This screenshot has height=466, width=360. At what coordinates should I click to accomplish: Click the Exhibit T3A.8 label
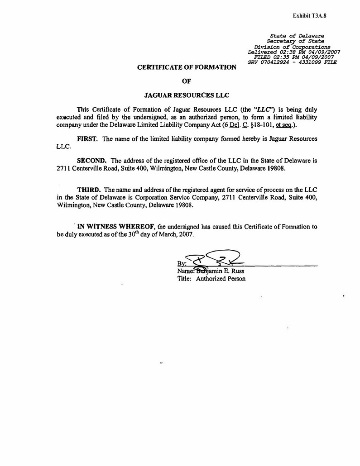[309, 15]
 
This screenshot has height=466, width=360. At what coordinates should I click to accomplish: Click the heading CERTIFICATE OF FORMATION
[187, 67]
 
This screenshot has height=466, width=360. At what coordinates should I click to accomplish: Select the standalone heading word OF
[187, 81]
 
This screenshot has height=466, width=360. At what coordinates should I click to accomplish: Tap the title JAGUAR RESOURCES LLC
[187, 95]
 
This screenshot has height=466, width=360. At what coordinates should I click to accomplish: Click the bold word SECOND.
[92, 161]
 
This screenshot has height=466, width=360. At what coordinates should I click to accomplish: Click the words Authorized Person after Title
[221, 279]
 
